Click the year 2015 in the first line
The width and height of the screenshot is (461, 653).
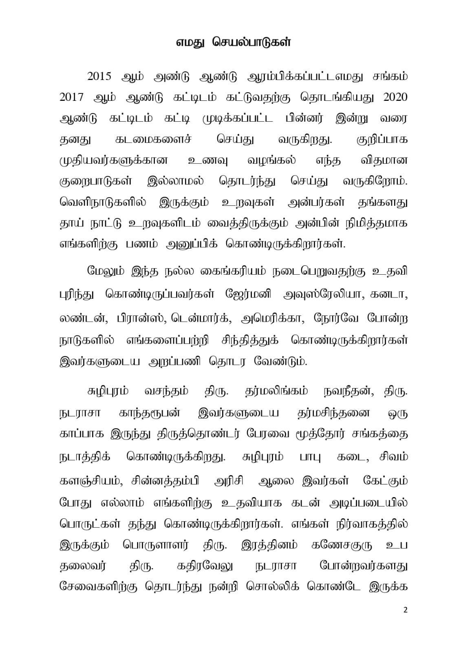click(99, 76)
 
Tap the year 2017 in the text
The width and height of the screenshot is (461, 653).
click(71, 97)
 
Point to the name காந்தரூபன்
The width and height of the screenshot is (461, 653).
click(149, 413)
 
